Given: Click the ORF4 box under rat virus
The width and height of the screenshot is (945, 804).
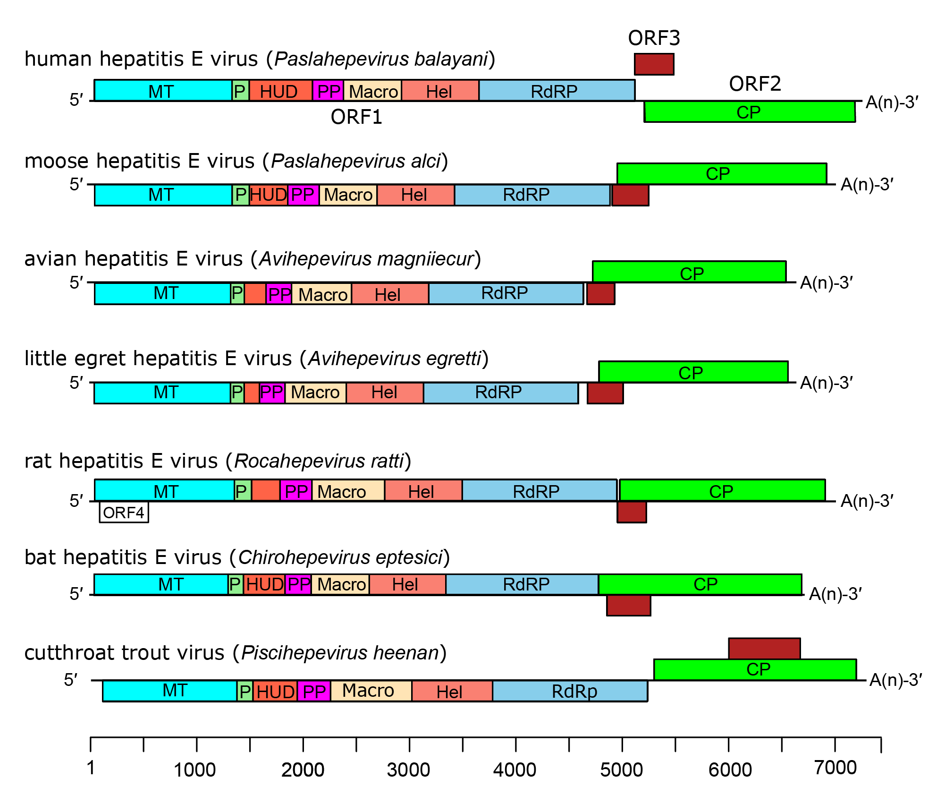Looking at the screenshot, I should [124, 513].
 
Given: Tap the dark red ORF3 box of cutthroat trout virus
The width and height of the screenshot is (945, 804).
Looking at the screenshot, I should [764, 649].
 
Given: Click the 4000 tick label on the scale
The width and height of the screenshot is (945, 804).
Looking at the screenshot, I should [515, 770].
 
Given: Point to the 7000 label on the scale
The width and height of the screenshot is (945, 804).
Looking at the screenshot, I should [835, 768].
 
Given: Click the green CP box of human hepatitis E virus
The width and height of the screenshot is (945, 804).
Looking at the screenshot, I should [750, 112].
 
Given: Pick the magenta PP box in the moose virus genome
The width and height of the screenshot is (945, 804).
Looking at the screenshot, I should [303, 195].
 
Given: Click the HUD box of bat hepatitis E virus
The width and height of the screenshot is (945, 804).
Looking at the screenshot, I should [264, 585].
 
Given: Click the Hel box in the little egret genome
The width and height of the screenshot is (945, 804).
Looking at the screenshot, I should [384, 393].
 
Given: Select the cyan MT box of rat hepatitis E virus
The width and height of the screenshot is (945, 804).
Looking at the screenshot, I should [165, 491].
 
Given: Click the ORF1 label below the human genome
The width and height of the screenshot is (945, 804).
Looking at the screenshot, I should [356, 117].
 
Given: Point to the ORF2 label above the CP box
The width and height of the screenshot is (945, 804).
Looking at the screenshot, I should [755, 84].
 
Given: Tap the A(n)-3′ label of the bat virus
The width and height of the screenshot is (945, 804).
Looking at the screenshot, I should [835, 594].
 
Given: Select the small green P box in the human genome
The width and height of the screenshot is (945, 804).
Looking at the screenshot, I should [240, 91].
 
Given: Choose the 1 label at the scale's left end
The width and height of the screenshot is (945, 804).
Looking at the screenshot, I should [91, 768].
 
